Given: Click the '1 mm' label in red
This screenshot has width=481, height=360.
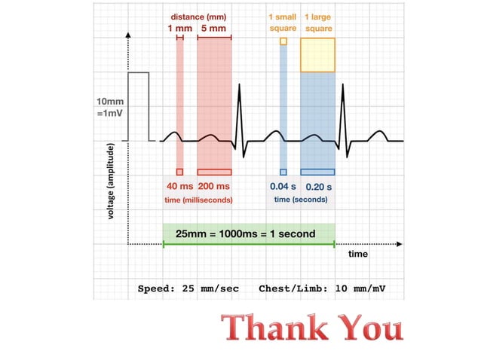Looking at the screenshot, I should pos(179,28).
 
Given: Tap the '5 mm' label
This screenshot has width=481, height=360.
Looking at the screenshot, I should pos(213,28).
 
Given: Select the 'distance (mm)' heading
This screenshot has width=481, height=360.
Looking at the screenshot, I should pos(198,17).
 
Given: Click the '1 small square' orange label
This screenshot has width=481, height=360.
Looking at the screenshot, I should pos(283,23).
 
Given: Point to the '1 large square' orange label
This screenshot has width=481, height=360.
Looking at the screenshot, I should pos(318,23).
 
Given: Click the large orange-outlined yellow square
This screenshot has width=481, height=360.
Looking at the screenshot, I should pos(318,54).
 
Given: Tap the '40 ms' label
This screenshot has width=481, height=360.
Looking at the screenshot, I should pos(179,186).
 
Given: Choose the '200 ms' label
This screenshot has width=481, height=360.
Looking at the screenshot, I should pos(214,186).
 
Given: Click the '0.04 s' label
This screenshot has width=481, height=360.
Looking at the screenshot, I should pos(283,186).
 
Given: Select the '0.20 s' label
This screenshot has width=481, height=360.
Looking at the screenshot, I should pos(318,186).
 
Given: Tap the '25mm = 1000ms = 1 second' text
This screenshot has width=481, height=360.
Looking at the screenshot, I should pos(245,233).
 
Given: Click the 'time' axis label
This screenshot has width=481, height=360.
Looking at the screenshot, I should pos(358,254).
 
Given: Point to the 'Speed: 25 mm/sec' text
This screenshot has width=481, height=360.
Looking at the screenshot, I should pos(188,288).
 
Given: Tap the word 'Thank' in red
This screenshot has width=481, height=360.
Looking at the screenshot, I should pos(271,329).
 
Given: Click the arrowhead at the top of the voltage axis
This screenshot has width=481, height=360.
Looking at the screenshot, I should pos(128,35).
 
